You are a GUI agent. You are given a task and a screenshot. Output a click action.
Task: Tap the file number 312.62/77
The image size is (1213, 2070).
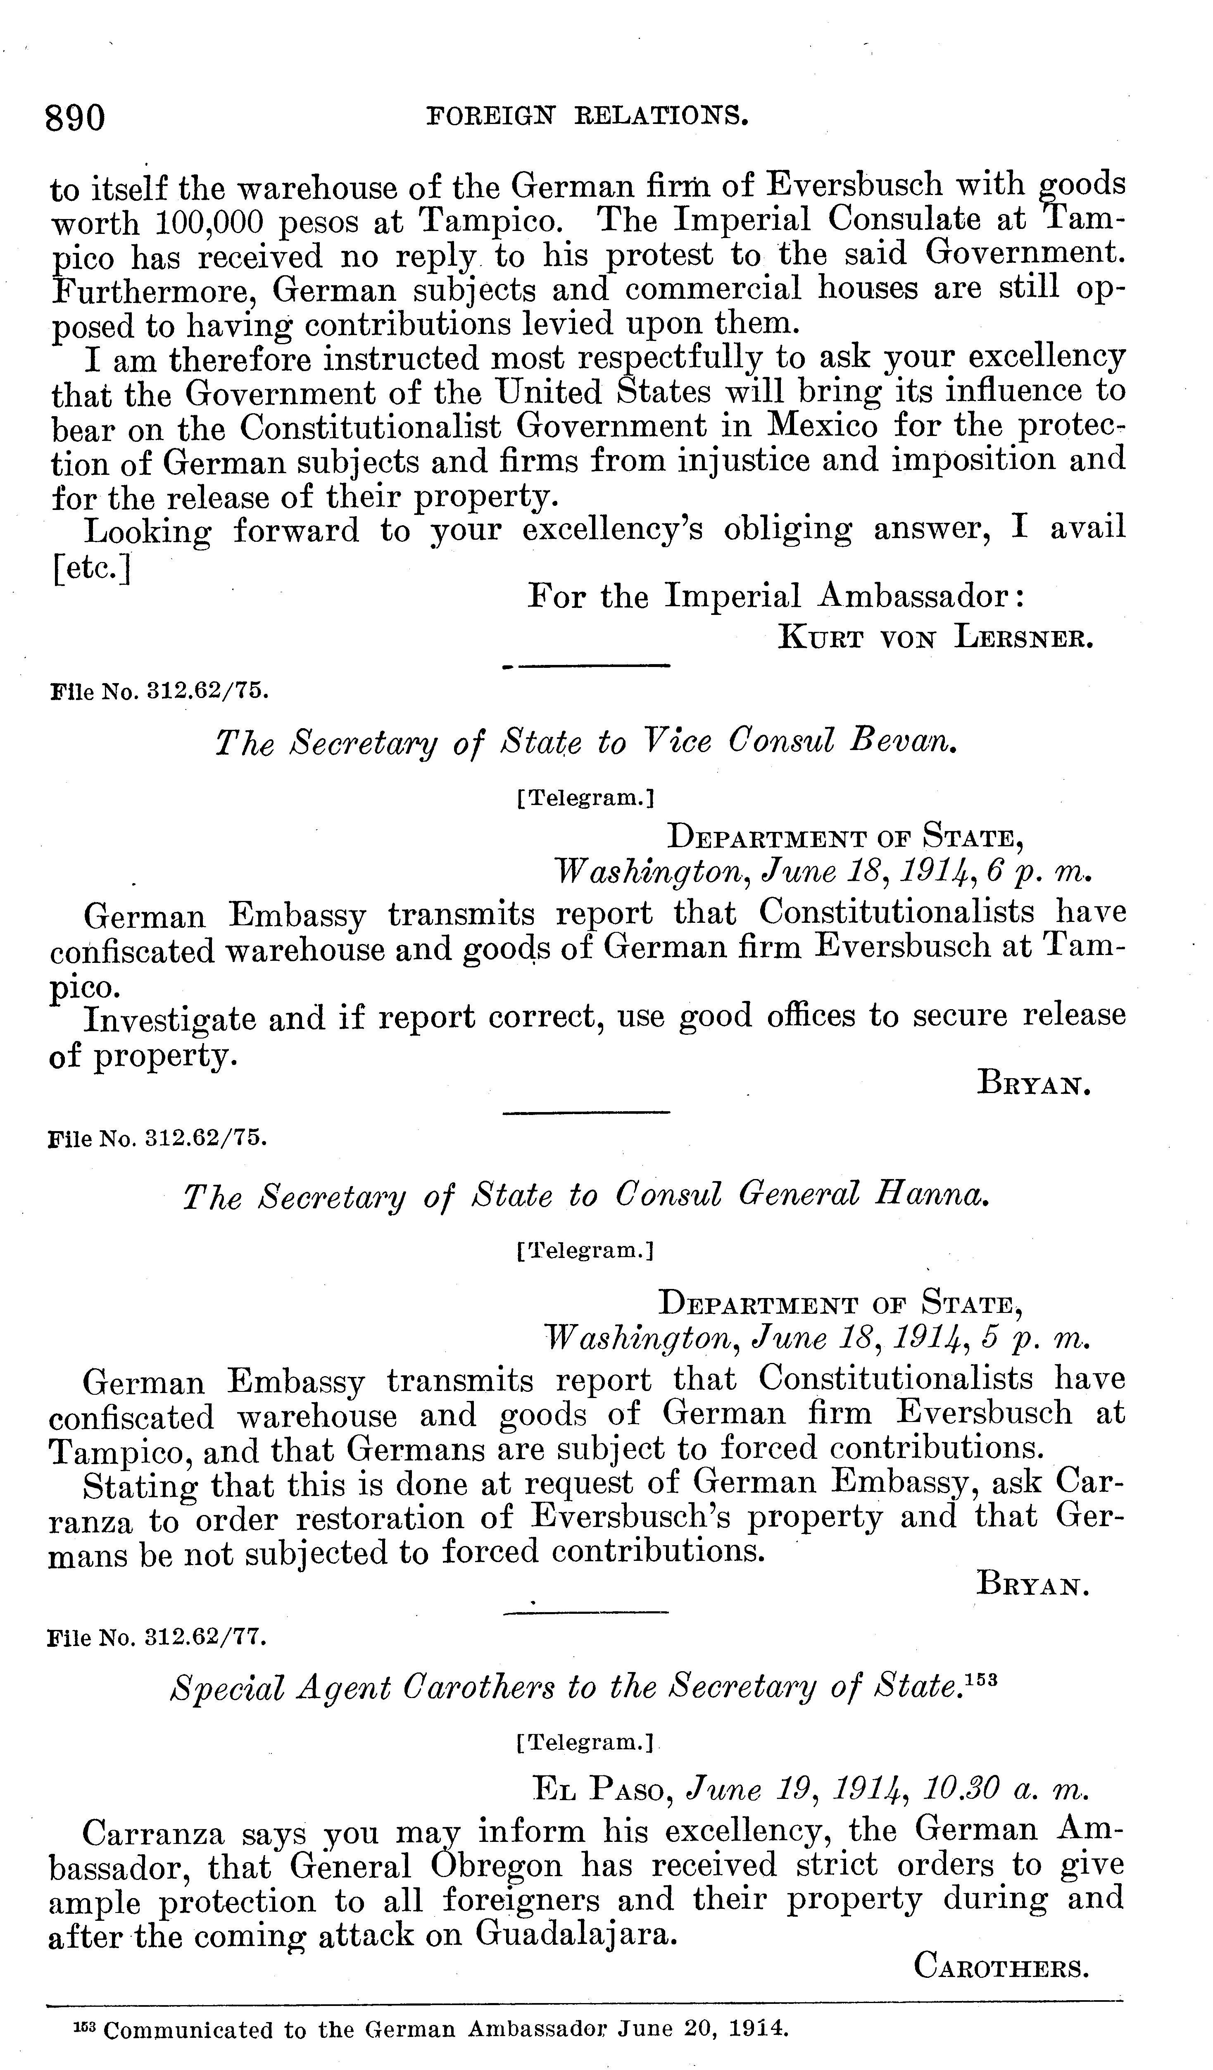205,1637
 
